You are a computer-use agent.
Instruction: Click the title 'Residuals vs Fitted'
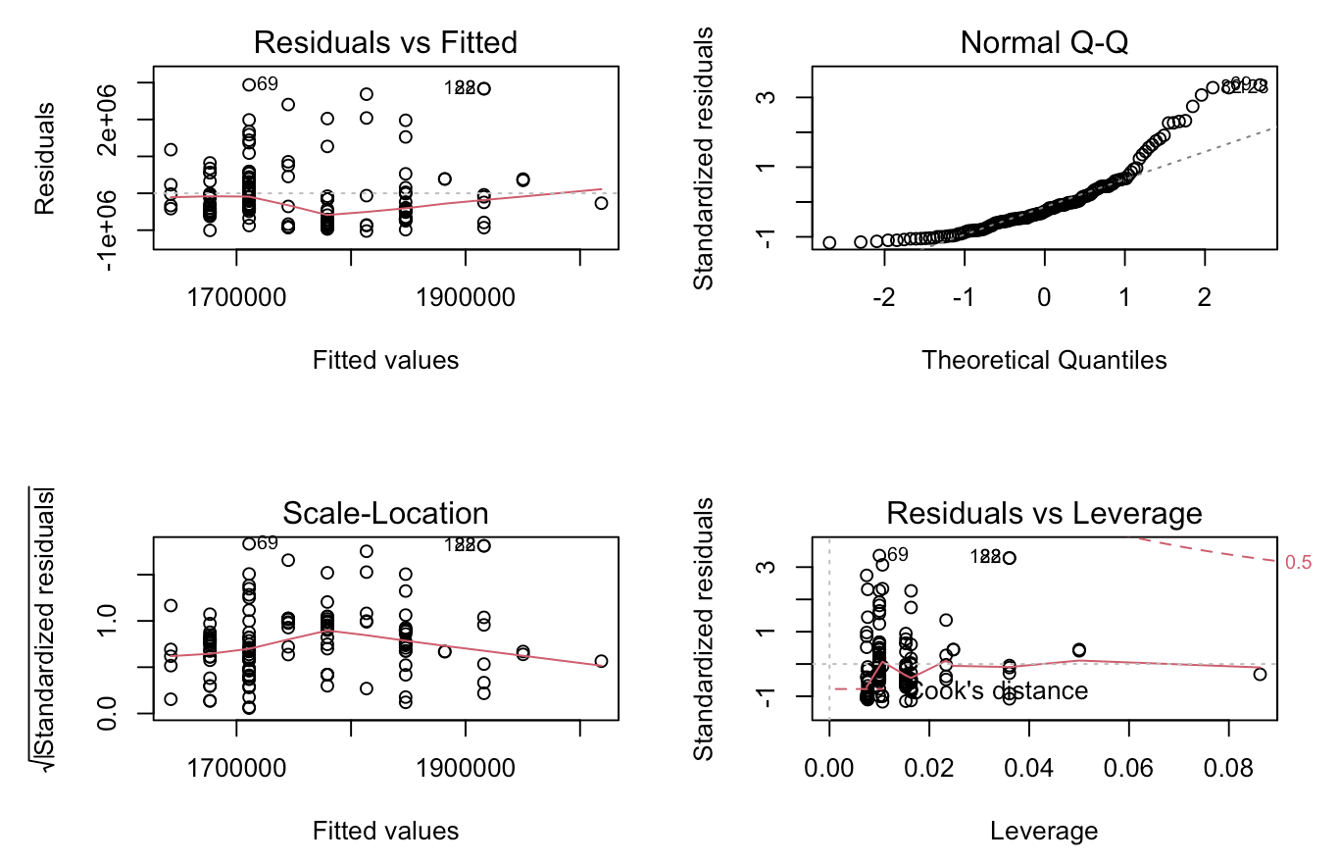(x=385, y=42)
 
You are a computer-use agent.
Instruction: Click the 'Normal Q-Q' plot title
(x=1044, y=42)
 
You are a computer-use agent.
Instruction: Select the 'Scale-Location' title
(x=385, y=513)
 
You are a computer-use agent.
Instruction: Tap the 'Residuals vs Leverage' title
(x=1044, y=513)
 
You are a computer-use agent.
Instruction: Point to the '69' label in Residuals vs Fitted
(x=268, y=84)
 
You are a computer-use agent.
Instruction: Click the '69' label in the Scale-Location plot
(x=268, y=543)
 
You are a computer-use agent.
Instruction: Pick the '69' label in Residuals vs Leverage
(x=896, y=555)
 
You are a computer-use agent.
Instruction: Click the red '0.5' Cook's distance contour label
(x=1298, y=562)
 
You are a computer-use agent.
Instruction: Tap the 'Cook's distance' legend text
(x=1000, y=690)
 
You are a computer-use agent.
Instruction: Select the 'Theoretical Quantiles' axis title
(x=1044, y=360)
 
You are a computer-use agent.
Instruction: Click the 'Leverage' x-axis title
(x=1044, y=831)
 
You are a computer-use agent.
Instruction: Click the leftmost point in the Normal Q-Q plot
(x=829, y=242)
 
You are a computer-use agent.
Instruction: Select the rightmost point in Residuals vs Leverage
(x=1260, y=674)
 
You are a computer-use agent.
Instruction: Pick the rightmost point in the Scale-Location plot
(x=601, y=661)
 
